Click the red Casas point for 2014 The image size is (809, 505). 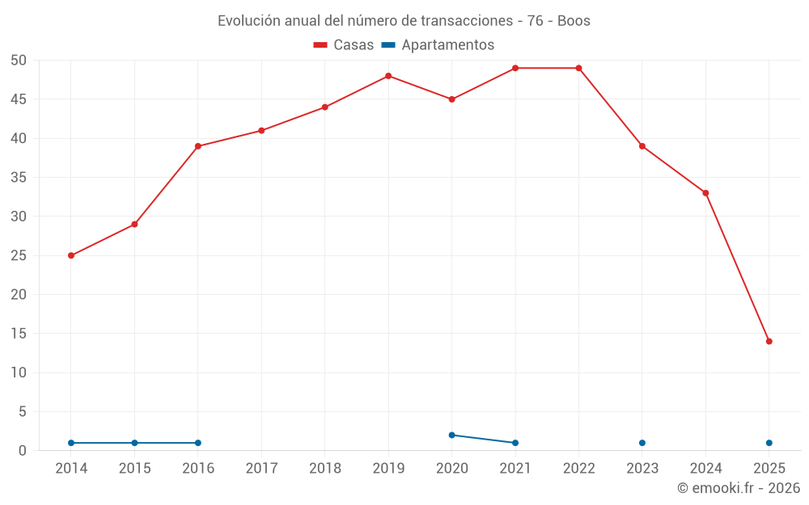[x=71, y=255]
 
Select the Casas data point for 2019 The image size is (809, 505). [x=388, y=76]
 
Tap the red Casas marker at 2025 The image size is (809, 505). [x=769, y=341]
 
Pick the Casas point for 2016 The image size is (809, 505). [x=198, y=146]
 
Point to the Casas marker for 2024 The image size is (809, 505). [x=705, y=193]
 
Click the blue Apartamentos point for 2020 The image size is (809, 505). [x=452, y=435]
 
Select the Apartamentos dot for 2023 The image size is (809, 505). [x=642, y=443]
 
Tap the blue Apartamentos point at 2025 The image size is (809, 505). [x=769, y=443]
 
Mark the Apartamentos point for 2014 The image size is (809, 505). [x=71, y=443]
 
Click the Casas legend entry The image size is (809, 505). [x=344, y=45]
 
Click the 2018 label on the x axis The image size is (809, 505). [x=325, y=469]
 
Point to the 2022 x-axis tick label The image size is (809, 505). [x=578, y=469]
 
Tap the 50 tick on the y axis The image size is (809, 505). [x=19, y=61]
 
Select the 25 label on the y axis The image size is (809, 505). [x=19, y=255]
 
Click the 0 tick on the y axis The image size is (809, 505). [x=23, y=451]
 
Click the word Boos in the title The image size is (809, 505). [x=574, y=21]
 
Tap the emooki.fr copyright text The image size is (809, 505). [x=739, y=488]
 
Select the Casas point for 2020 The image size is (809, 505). [x=452, y=99]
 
